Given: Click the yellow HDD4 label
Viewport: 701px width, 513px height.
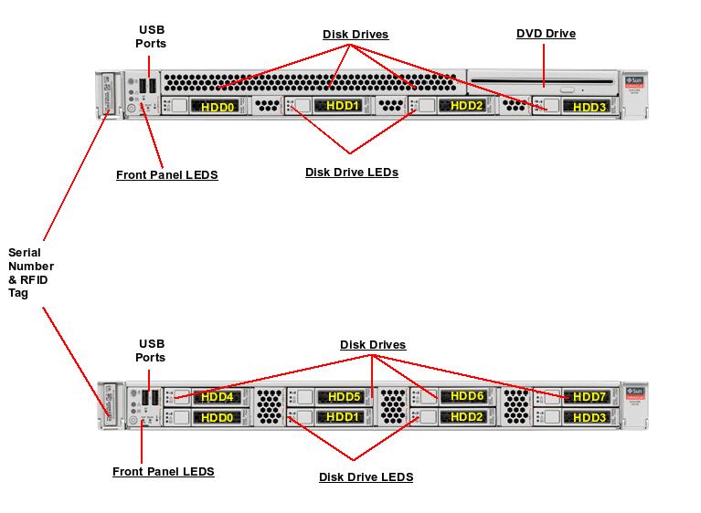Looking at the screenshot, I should tap(218, 397).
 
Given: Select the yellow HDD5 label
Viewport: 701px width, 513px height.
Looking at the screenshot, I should tap(344, 397).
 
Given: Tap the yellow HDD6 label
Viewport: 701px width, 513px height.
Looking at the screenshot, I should tap(467, 397).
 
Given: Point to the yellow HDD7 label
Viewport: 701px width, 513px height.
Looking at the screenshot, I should tap(589, 397).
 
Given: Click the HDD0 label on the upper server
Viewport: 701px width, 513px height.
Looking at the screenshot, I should tap(218, 107).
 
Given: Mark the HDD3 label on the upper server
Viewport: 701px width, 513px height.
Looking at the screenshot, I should tap(589, 107).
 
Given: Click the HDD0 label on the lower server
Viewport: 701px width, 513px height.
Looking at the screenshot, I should tap(218, 417).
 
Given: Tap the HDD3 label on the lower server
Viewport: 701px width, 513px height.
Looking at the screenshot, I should tap(589, 417).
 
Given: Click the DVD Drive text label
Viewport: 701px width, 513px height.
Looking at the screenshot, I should tap(546, 34).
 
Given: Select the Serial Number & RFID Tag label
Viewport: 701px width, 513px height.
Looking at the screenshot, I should tap(30, 273).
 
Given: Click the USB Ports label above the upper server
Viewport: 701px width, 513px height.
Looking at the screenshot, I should tap(151, 37).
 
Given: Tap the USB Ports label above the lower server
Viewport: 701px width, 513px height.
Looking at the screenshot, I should tap(151, 351).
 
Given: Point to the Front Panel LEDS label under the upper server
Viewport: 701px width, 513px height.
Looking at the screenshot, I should tap(166, 174).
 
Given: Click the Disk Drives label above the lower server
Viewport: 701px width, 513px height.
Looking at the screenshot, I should tap(373, 345).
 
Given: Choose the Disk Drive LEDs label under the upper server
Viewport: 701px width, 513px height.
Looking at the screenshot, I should tap(351, 172).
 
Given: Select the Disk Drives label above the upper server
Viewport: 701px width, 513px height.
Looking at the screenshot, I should tap(356, 35).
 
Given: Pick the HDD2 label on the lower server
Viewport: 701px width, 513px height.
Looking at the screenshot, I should tap(467, 417).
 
